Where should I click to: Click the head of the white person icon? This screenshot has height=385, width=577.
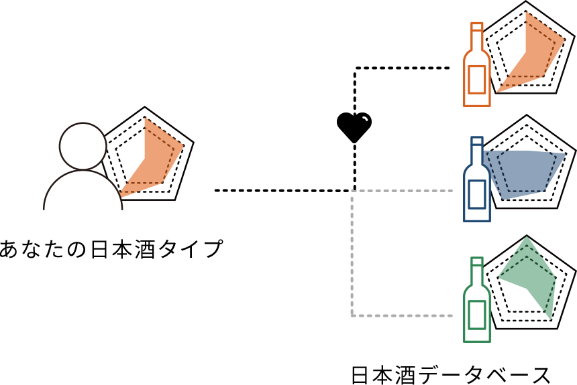(83, 146)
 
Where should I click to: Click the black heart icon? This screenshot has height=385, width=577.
(354, 126)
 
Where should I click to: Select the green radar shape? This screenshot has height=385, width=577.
(530, 271)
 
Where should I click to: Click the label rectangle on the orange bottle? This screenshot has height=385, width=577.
(477, 79)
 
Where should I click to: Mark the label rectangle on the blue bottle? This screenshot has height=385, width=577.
(477, 194)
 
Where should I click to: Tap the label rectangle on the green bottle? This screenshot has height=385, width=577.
(477, 314)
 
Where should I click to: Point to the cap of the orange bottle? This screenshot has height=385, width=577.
(477, 27)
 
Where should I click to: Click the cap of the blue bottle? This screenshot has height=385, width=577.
(477, 141)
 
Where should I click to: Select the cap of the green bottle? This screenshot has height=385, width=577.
(477, 261)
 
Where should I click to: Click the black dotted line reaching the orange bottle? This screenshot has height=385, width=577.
(403, 68)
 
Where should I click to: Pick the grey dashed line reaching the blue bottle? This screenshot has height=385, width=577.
(403, 191)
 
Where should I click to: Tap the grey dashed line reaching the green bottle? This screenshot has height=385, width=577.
(403, 315)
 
